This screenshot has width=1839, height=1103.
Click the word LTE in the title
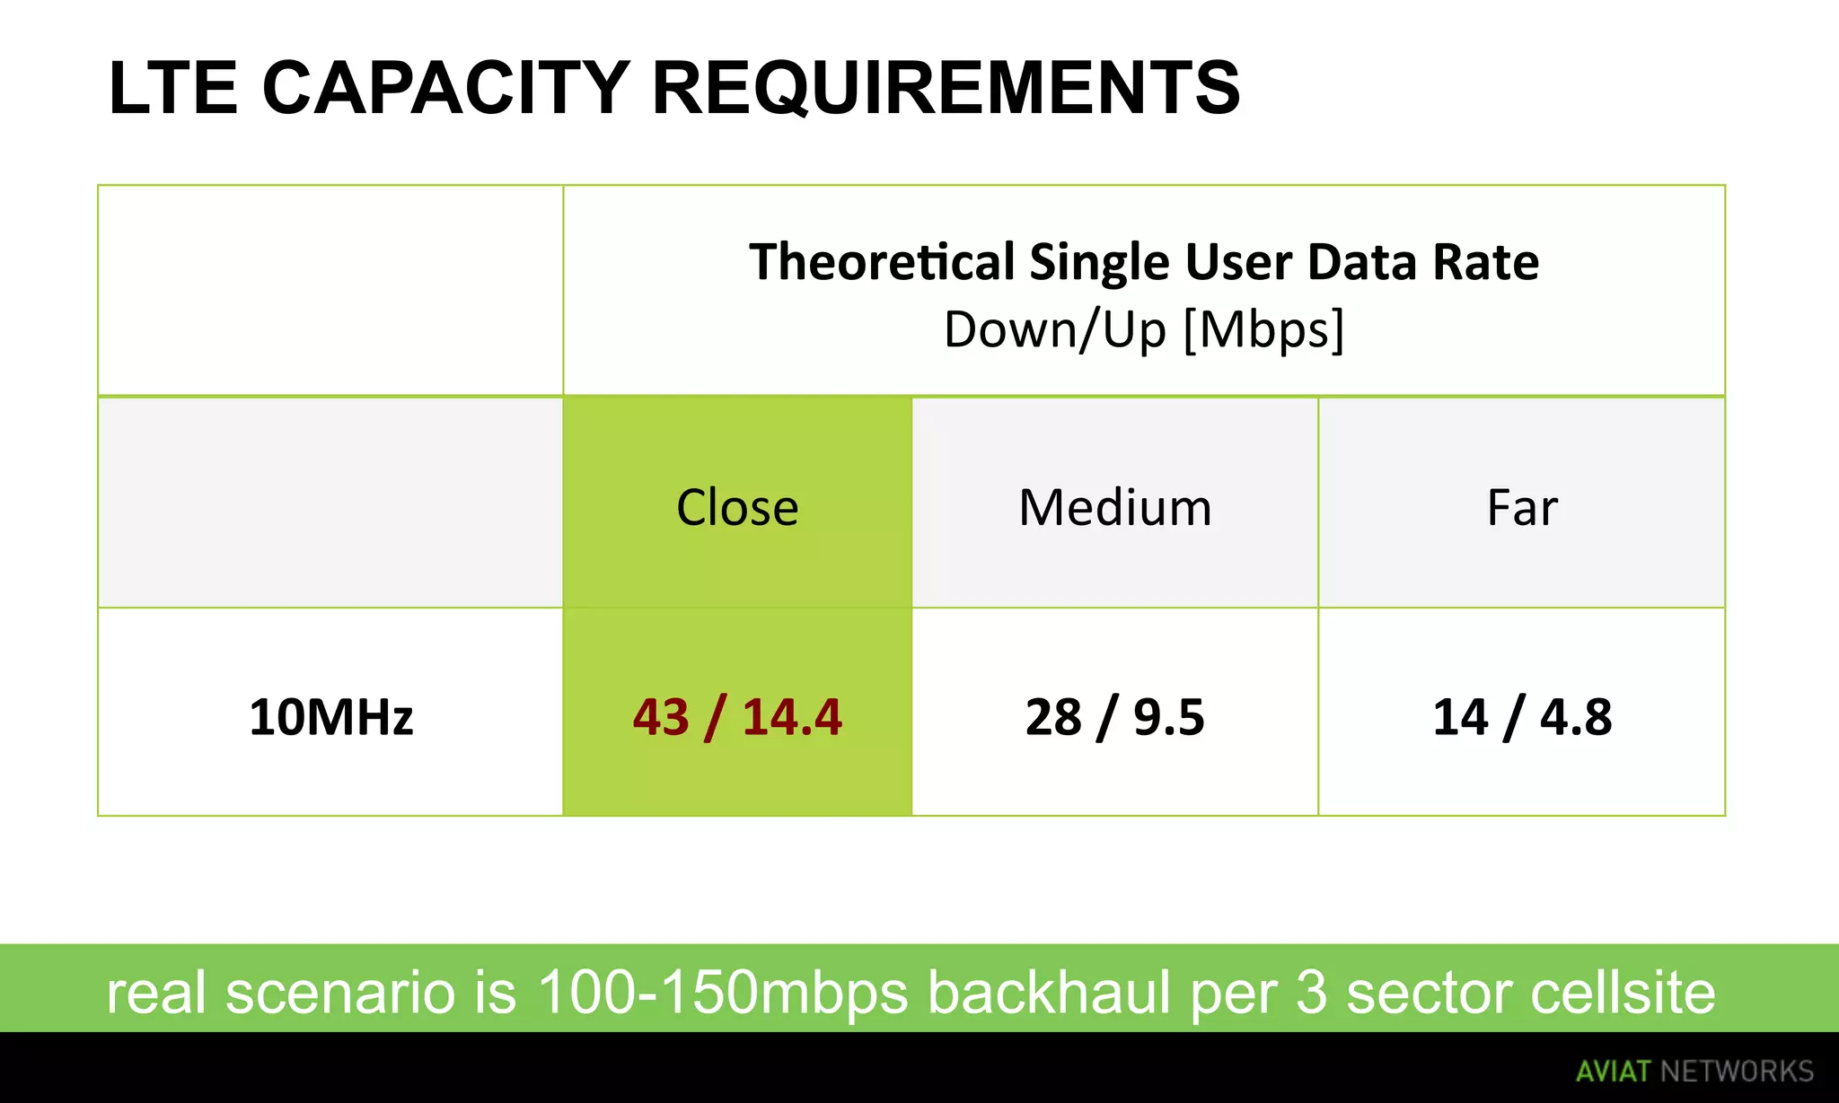click(x=172, y=88)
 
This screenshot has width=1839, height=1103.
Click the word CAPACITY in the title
click(x=445, y=88)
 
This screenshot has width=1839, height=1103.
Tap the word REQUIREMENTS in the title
click(x=946, y=88)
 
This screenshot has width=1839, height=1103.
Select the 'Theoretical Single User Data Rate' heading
click(x=1144, y=262)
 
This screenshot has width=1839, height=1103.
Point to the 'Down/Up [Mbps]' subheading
click(x=1144, y=329)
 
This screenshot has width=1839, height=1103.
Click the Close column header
click(x=737, y=507)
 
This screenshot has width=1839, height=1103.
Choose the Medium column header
click(x=1115, y=507)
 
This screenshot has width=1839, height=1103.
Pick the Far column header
click(x=1522, y=507)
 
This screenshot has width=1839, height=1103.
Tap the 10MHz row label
click(x=330, y=717)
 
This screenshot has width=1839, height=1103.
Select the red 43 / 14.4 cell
click(x=737, y=717)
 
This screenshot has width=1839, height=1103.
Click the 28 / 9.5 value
click(x=1115, y=717)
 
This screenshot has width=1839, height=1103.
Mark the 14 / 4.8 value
click(x=1522, y=717)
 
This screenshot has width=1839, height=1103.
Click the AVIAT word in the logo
click(x=1613, y=1072)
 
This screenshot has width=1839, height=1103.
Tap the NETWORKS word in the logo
click(x=1737, y=1072)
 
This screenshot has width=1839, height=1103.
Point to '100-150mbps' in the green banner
click(x=723, y=993)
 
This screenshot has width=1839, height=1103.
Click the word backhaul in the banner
click(x=1050, y=993)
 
